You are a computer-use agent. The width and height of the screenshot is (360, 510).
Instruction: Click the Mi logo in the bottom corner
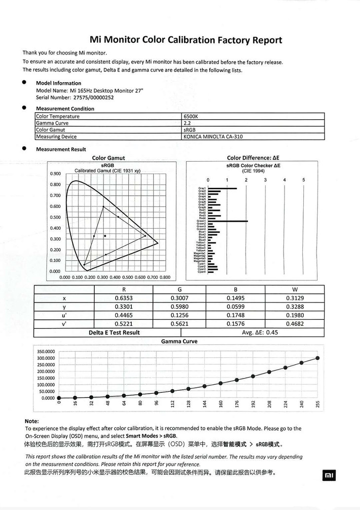328,475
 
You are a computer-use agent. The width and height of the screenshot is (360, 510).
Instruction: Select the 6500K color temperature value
190,116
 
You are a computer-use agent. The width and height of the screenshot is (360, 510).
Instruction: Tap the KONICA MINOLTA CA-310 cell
213,136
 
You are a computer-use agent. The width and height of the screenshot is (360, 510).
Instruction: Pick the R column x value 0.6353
123,298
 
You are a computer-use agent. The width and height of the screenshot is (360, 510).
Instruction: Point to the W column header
294,289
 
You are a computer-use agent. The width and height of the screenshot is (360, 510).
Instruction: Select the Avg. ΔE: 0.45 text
260,333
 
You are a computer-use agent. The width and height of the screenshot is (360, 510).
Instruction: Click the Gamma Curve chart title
179,341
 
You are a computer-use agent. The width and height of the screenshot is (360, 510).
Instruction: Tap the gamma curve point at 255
317,358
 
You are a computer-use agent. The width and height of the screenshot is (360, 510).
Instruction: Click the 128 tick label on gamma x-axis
189,405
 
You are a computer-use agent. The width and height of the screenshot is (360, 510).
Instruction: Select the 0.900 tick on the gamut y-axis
55,173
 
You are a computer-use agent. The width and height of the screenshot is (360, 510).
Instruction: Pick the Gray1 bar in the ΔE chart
222,188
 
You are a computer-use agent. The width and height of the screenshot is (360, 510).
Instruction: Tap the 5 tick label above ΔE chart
304,180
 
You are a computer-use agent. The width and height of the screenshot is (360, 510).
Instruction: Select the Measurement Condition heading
65,108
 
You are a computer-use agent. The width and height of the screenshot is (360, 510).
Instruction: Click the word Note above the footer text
31,421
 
